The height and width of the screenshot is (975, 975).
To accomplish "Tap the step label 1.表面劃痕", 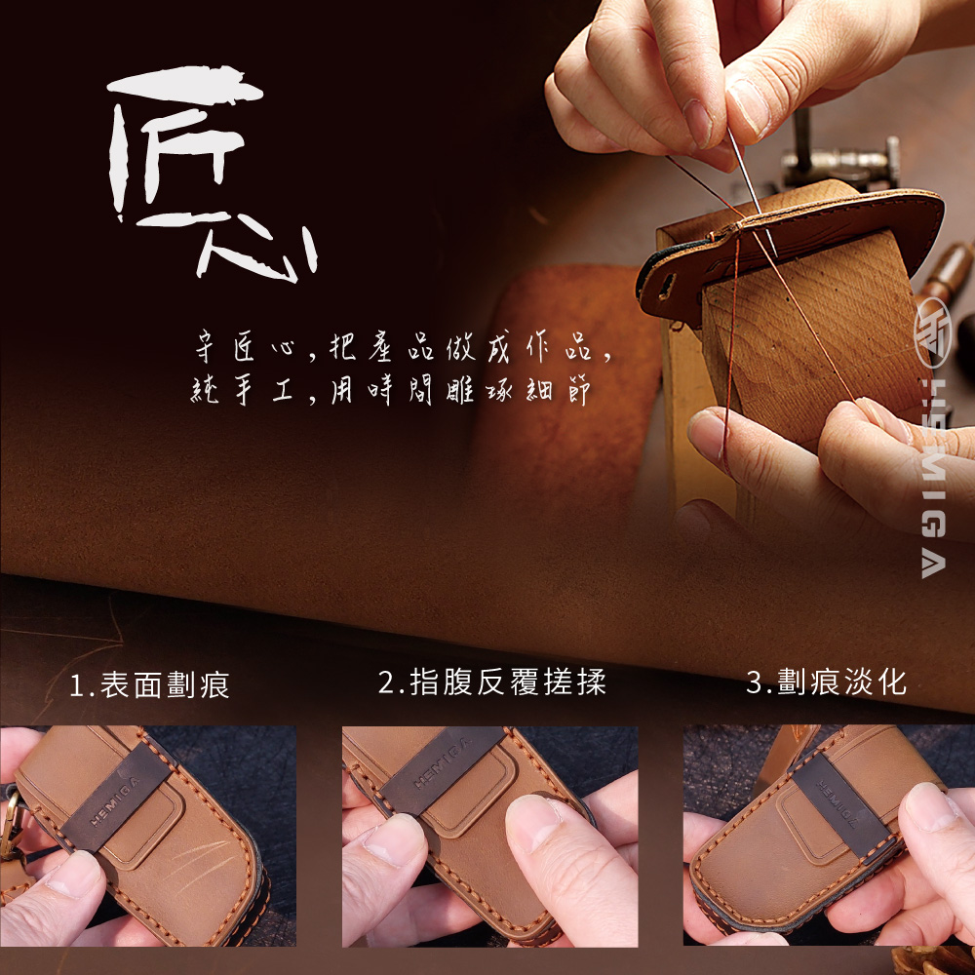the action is pos(149,684).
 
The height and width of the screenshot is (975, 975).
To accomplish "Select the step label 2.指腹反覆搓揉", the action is pos(491,682).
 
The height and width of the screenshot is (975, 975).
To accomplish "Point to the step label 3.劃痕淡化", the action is pos(826,682).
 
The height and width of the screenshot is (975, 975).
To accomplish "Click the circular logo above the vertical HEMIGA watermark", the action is pos(933,332).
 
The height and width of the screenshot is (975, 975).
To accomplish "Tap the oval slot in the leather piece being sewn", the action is pos(667,286).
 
